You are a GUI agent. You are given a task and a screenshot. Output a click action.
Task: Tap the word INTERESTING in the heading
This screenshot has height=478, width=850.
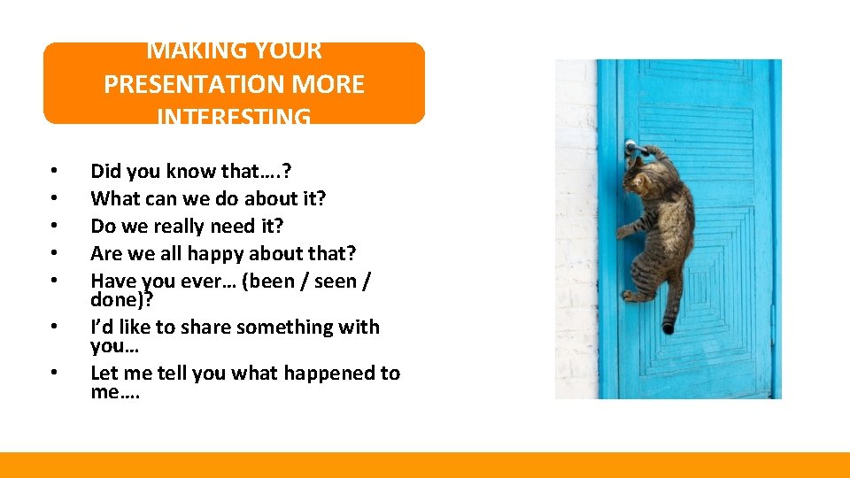234,117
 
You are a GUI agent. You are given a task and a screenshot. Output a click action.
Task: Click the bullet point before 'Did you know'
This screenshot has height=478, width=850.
54,170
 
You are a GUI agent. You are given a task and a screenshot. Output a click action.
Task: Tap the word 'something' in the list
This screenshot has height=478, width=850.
288,327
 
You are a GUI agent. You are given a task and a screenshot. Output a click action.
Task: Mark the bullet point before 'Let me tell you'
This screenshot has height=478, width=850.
54,373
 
